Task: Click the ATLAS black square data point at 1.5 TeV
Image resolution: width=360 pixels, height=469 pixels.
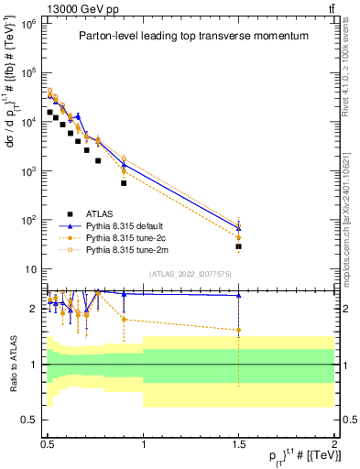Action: [238, 246]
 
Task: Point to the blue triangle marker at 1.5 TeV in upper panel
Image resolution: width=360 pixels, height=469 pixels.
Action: [238, 226]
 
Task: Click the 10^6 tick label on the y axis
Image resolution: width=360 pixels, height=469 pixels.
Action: [30, 23]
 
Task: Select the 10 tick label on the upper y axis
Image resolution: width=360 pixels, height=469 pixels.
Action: [33, 269]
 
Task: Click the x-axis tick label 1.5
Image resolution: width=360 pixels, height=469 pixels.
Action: [238, 442]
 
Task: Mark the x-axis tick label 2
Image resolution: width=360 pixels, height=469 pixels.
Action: [333, 442]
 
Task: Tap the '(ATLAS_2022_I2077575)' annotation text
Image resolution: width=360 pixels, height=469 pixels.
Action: [191, 274]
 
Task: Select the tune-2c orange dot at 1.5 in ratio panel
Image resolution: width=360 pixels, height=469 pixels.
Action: [238, 330]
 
